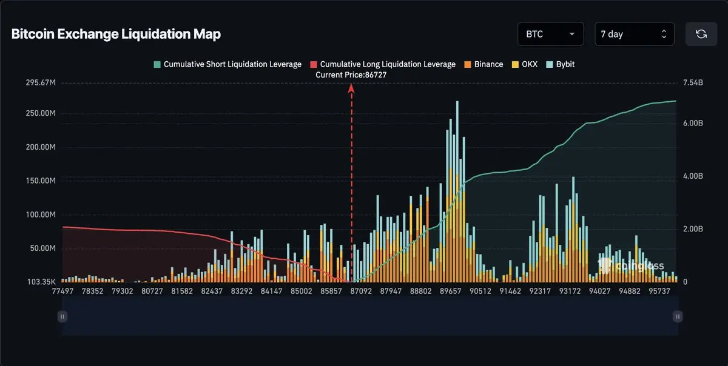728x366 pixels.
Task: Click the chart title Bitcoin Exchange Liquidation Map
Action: [x=116, y=34]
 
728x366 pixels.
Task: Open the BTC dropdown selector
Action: [x=550, y=34]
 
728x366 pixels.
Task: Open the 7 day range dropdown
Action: [x=634, y=34]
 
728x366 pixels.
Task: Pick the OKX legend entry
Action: [x=526, y=64]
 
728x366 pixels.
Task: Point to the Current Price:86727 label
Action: [x=351, y=75]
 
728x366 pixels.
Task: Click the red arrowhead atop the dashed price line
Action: [x=351, y=88]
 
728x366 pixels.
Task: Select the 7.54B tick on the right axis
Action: [x=693, y=82]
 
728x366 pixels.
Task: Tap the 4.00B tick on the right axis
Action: [x=693, y=176]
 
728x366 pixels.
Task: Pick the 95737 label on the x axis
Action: [x=658, y=291]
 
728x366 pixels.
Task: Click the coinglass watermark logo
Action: [x=631, y=265]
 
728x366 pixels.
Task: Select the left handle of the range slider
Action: [x=62, y=316]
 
